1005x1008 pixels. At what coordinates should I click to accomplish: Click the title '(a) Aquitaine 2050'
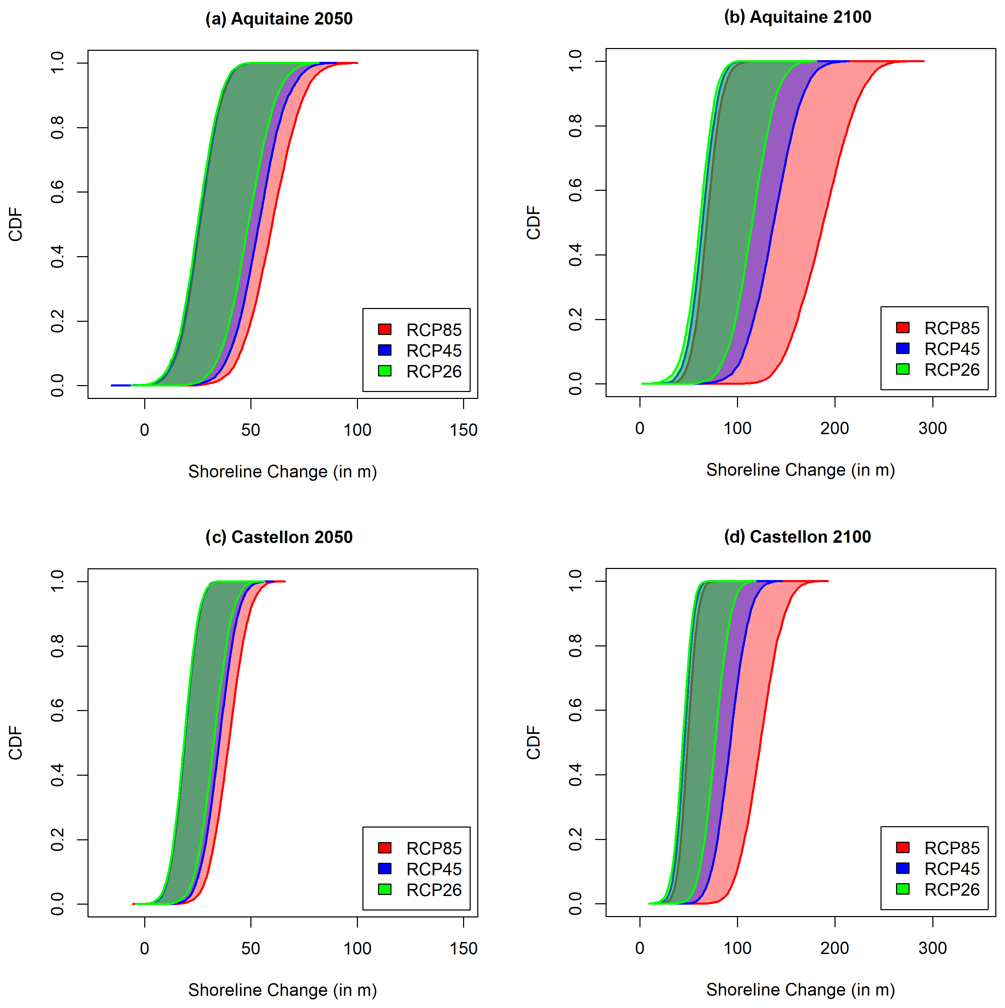tap(279, 19)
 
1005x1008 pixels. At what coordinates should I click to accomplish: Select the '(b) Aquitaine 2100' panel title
tap(797, 17)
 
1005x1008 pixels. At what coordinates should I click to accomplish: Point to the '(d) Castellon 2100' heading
tap(797, 536)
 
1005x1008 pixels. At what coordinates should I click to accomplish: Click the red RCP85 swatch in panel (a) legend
tap(385, 329)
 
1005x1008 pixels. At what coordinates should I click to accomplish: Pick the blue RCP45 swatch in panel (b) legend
tap(903, 348)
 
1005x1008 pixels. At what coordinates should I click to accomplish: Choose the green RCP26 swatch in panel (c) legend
tap(385, 889)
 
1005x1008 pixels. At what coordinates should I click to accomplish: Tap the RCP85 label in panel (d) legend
tap(952, 848)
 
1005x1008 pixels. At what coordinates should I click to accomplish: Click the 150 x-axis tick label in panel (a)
tap(464, 430)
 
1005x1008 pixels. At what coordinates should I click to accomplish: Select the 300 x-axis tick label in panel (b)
tap(932, 428)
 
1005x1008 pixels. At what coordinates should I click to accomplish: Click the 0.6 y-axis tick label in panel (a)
tap(57, 192)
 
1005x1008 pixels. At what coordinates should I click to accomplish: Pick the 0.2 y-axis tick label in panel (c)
tap(57, 839)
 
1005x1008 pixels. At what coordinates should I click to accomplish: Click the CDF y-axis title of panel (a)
tap(16, 224)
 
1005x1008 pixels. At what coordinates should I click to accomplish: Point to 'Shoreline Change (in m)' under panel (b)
tap(800, 470)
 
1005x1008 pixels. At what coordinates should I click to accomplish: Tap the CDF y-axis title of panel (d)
tap(534, 743)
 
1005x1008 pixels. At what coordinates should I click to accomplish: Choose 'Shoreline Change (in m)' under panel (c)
tap(283, 990)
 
